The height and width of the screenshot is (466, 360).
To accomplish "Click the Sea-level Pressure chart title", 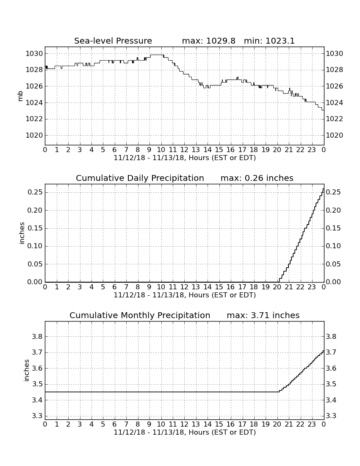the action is pos(113,41).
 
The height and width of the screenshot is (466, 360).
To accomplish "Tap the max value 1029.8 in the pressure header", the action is pos(220,41).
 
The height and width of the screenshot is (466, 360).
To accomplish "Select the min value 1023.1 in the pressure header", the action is pos(280,41).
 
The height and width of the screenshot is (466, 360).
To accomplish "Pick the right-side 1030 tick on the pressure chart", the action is pos(335,54).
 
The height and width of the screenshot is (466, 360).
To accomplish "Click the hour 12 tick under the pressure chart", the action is pos(184,150).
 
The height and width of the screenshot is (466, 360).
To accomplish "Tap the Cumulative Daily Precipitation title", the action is pos(140,178).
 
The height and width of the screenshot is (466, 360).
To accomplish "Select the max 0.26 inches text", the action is pos(257,178).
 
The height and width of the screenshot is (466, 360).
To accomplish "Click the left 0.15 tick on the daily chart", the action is pos(35,228).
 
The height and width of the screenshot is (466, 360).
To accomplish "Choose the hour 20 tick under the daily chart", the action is pos(277,287).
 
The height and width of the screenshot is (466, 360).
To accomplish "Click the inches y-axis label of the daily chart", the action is pos(21,233).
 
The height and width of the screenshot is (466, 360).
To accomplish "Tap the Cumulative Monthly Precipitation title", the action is pos(140,315).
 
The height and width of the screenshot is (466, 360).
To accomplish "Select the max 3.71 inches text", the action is pos(263,315).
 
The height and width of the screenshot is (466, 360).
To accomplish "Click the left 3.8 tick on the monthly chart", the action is pos(38,337).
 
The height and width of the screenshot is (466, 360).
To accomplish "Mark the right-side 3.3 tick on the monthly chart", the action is pos(331,416).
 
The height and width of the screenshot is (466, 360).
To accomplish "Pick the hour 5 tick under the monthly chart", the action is pos(103,424).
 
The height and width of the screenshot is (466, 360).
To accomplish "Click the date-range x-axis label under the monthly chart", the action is pos(185,432).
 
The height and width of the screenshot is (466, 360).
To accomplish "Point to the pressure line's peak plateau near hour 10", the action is pos(157,55).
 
